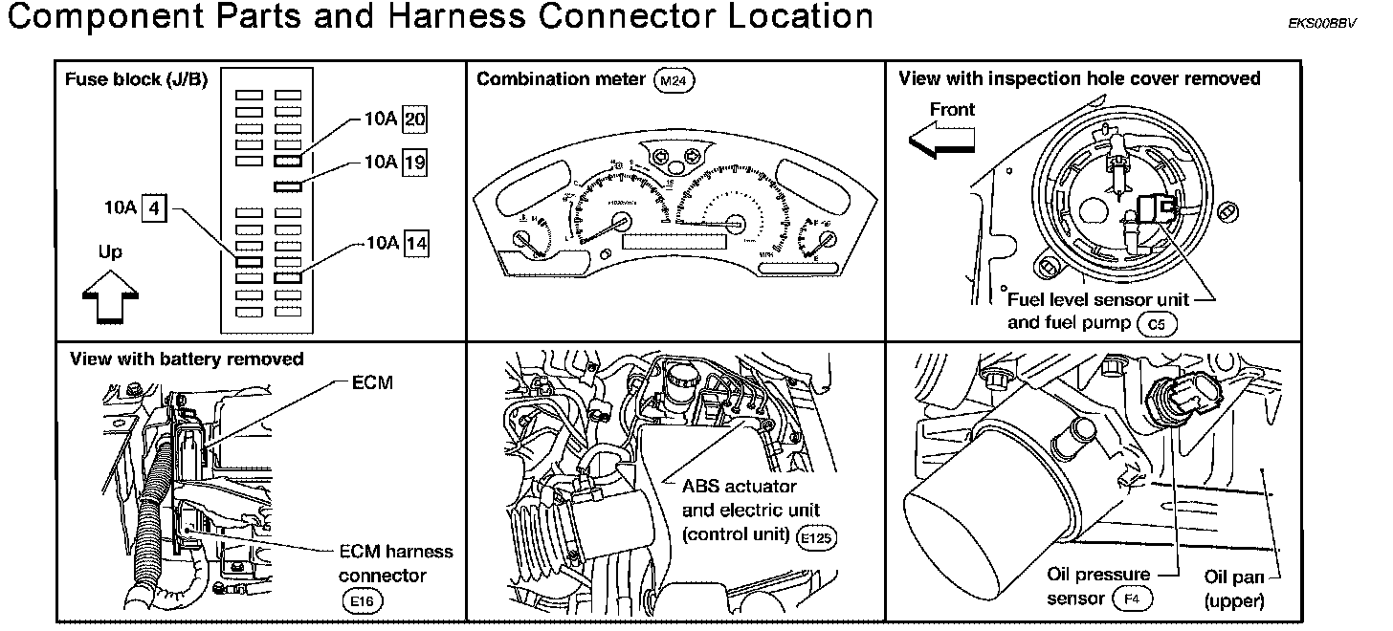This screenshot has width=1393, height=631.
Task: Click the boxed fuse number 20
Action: pos(416,120)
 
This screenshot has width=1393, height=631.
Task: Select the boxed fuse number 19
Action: pos(416,163)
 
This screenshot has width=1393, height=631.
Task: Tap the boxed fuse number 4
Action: pos(154,207)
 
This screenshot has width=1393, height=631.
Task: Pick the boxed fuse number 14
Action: pos(416,243)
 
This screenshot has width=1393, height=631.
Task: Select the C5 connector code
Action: pos(1157,324)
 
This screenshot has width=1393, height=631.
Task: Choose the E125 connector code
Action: pos(815,537)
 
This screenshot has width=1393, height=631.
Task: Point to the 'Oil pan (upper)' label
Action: pos(1235,589)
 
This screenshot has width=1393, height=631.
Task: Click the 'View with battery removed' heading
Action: pos(187,359)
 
